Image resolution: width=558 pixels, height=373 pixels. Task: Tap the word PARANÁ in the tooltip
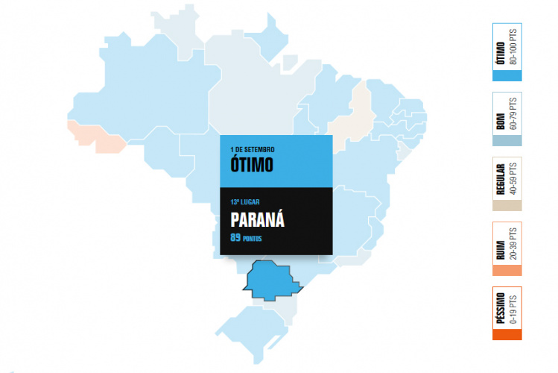tap(258, 221)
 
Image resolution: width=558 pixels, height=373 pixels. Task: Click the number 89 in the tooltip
tap(236, 239)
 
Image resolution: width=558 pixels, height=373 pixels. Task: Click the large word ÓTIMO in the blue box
tap(253, 163)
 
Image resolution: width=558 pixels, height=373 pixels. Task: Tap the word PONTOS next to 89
tap(253, 239)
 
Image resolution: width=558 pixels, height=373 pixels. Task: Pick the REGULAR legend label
tap(501, 180)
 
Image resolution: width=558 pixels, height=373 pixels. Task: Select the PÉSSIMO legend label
tap(501, 310)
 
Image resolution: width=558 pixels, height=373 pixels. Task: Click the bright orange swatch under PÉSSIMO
tap(507, 335)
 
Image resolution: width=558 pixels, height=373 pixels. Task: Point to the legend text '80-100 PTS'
tap(513, 46)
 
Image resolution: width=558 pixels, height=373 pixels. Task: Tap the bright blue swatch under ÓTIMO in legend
tap(507, 75)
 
